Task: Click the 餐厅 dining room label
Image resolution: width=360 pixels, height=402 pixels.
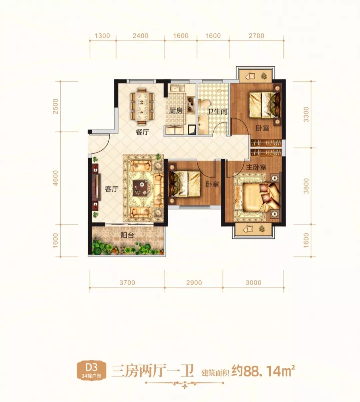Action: click(142, 132)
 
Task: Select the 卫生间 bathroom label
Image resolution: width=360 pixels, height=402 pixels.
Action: click(217, 112)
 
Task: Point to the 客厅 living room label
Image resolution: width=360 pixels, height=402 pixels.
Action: click(112, 189)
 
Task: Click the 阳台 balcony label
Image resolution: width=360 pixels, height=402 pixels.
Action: click(127, 235)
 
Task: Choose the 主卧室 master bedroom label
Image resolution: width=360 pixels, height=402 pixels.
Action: click(256, 168)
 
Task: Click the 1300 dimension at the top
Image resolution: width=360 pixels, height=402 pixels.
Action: click(102, 36)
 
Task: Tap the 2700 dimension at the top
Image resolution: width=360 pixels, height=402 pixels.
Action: click(257, 36)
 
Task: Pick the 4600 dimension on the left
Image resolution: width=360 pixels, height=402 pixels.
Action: click(56, 178)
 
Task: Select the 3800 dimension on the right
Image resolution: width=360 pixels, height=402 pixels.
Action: click(306, 186)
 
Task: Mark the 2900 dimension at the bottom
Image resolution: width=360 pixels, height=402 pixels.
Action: click(194, 282)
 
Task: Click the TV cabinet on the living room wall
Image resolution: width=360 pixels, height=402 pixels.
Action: click(96, 187)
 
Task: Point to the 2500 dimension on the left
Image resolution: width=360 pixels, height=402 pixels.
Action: click(56, 107)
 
